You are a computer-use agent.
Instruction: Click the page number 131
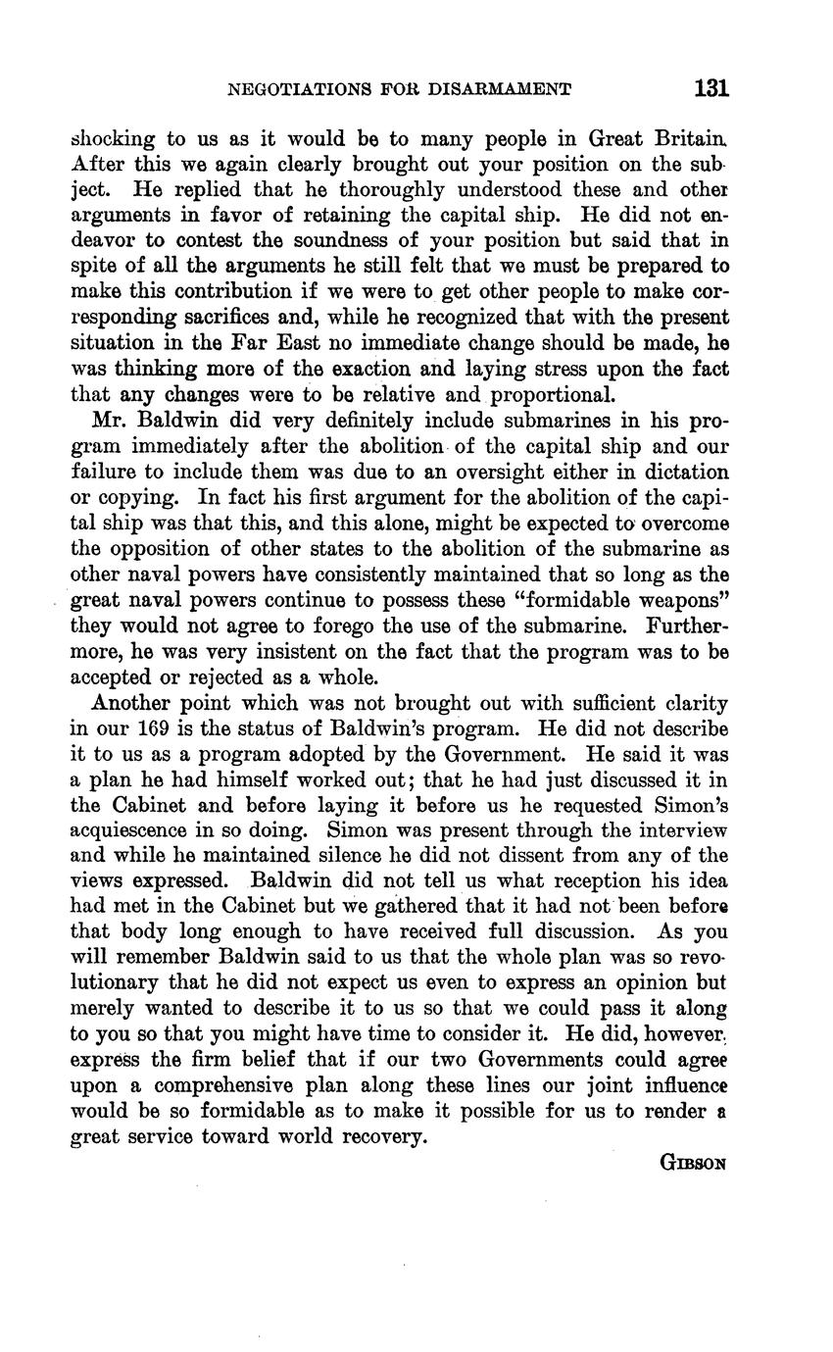point(710,89)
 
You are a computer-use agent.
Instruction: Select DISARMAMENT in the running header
point(506,90)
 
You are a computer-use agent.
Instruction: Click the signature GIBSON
point(693,1164)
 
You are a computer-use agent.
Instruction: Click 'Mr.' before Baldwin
point(107,422)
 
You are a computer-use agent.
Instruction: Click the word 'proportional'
point(551,395)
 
